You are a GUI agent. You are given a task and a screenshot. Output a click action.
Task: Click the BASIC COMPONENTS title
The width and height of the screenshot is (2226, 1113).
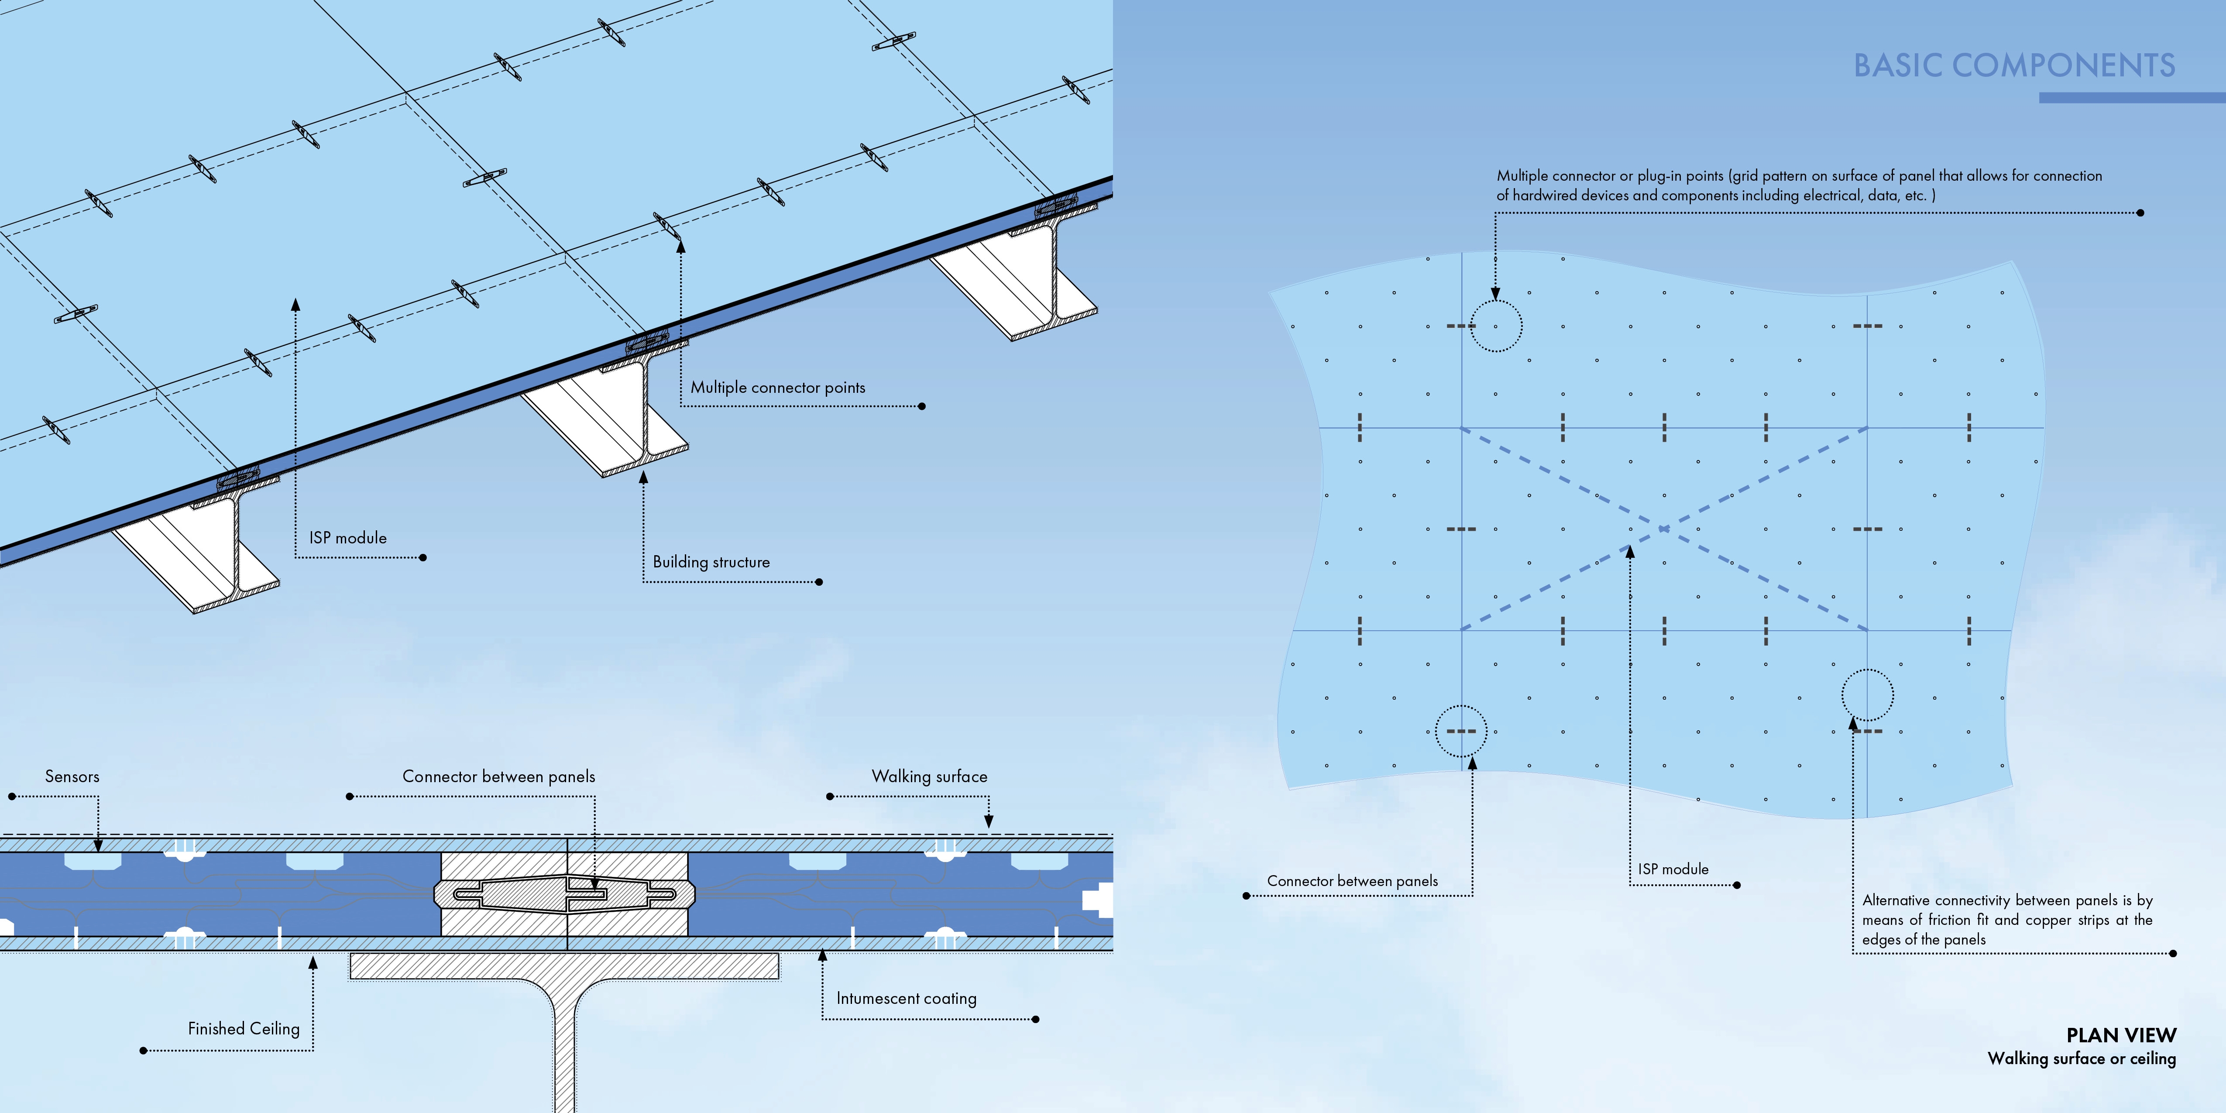click(x=2013, y=65)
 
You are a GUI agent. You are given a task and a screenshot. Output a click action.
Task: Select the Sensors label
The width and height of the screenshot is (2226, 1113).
click(x=72, y=776)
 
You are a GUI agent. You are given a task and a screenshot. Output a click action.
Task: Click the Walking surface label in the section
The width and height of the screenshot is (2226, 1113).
click(x=929, y=776)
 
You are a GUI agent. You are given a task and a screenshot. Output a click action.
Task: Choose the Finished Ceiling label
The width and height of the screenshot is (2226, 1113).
click(x=244, y=1028)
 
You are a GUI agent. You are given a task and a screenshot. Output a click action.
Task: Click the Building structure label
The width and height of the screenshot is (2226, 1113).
click(x=711, y=562)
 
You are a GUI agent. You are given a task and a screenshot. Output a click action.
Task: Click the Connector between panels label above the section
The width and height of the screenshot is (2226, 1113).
click(x=498, y=776)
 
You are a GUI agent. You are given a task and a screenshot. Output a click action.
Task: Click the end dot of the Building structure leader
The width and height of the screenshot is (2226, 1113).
click(x=819, y=581)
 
